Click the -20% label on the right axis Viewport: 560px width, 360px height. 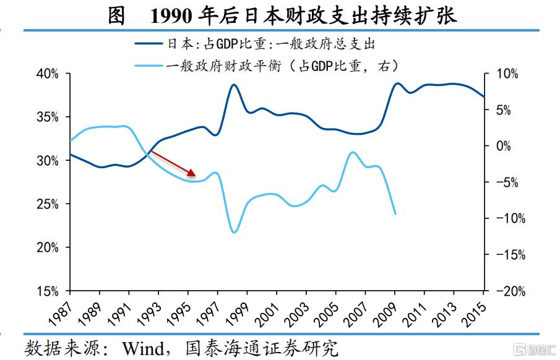coord(508,291)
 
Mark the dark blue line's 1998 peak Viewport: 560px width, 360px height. coord(234,84)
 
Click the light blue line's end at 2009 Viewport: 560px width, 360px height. coord(395,214)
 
